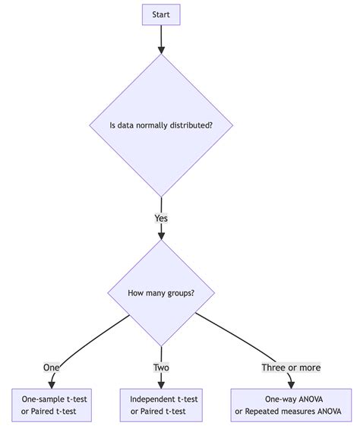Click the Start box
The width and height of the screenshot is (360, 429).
[161, 14]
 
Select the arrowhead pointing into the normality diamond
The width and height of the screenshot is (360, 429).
[161, 49]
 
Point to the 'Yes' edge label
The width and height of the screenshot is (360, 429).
[161, 218]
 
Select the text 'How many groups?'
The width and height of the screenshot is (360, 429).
[161, 293]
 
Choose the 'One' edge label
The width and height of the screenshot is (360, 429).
[51, 367]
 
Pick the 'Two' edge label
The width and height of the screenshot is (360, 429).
[161, 367]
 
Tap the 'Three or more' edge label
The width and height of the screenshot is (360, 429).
[291, 367]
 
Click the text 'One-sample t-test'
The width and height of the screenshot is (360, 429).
[55, 399]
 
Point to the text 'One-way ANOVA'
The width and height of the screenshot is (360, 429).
[291, 399]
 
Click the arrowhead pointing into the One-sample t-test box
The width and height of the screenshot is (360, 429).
[51, 384]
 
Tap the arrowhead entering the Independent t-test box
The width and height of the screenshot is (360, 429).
[161, 384]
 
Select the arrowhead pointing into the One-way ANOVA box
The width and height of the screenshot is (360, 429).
[291, 384]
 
